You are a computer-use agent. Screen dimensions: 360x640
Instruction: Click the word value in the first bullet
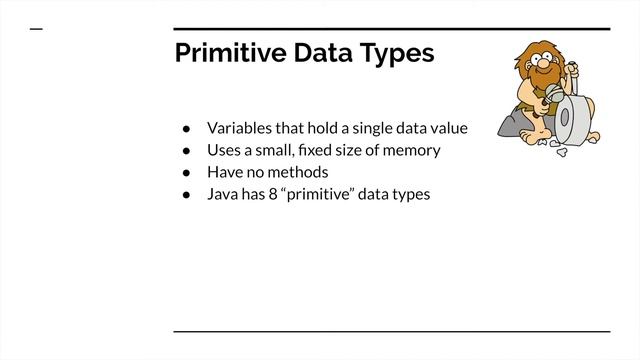click(x=449, y=128)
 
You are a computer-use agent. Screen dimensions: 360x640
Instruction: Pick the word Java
click(x=223, y=194)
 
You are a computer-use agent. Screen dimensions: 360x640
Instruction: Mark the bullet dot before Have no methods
click(x=186, y=173)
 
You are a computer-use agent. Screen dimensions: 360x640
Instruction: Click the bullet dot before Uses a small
click(x=186, y=151)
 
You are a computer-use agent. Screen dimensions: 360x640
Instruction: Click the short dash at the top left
click(x=37, y=29)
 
